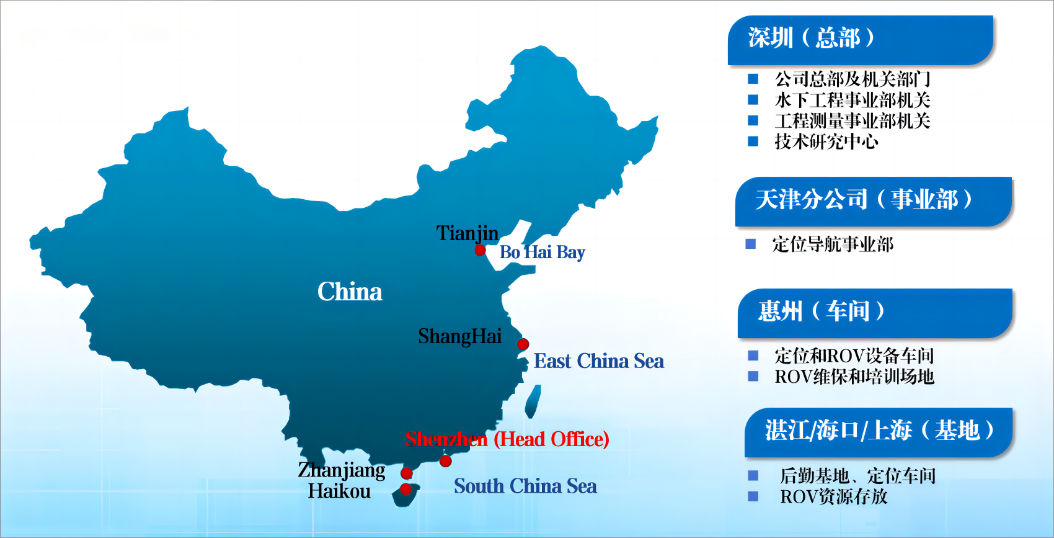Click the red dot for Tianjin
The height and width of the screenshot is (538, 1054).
click(480, 250)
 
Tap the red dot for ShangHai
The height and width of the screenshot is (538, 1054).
click(523, 344)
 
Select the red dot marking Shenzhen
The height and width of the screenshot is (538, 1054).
click(445, 461)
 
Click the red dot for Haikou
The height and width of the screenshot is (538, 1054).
click(405, 489)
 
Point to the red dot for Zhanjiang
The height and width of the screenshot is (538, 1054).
click(407, 473)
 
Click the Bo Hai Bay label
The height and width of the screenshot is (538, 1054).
click(542, 253)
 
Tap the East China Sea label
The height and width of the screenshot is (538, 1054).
click(598, 361)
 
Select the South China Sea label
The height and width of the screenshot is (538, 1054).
click(525, 486)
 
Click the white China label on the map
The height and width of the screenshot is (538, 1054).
click(350, 292)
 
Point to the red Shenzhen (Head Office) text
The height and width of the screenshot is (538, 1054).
click(507, 439)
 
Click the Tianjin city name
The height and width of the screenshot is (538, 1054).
click(467, 233)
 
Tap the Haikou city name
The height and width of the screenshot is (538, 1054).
click(339, 491)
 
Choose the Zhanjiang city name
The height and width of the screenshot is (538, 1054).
click(341, 470)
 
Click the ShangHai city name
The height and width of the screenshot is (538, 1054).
click(459, 336)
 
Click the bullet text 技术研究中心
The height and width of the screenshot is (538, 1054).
click(826, 142)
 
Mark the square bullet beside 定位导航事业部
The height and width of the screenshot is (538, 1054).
click(751, 244)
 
